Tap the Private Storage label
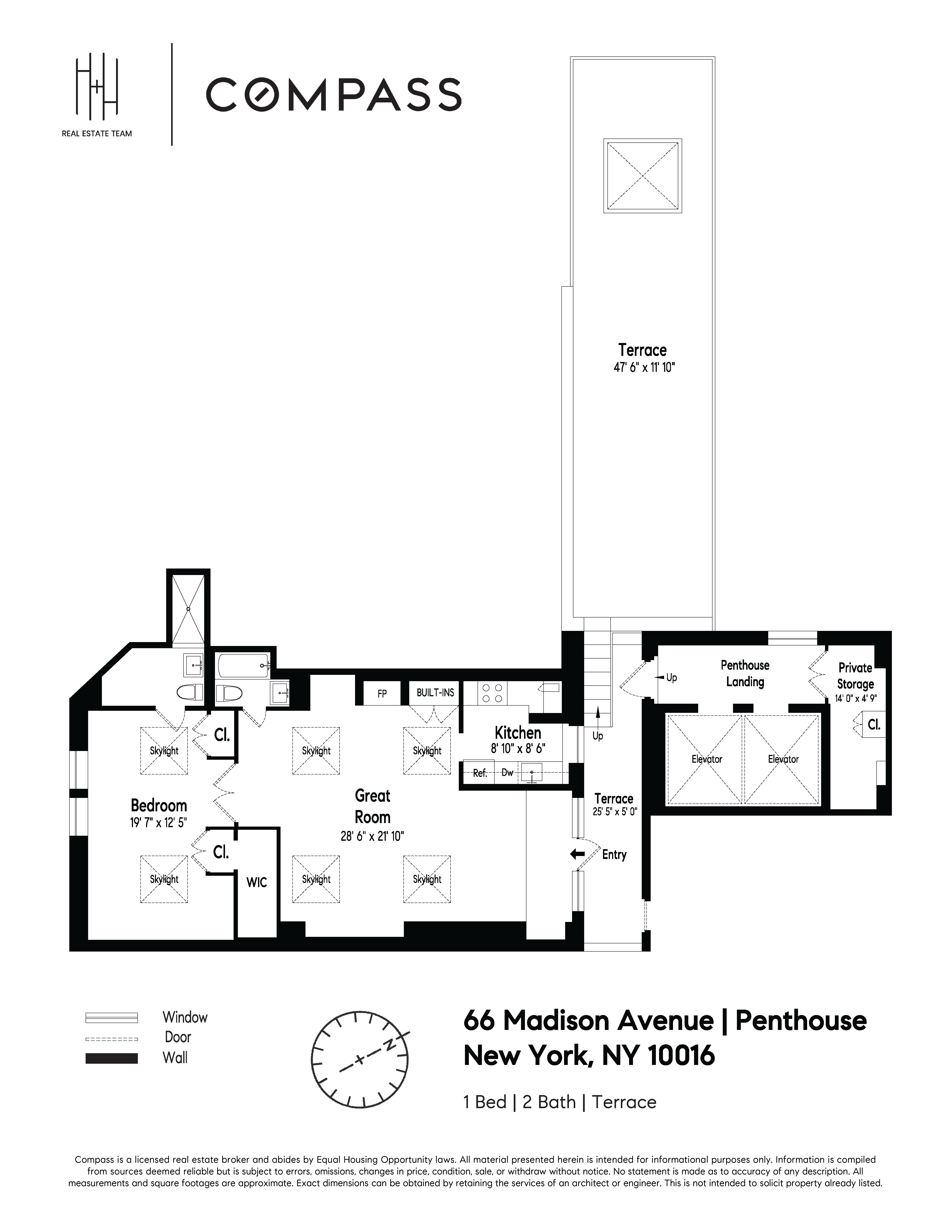[x=855, y=676]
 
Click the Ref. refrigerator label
[x=479, y=773]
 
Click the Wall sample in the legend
[x=111, y=1058]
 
